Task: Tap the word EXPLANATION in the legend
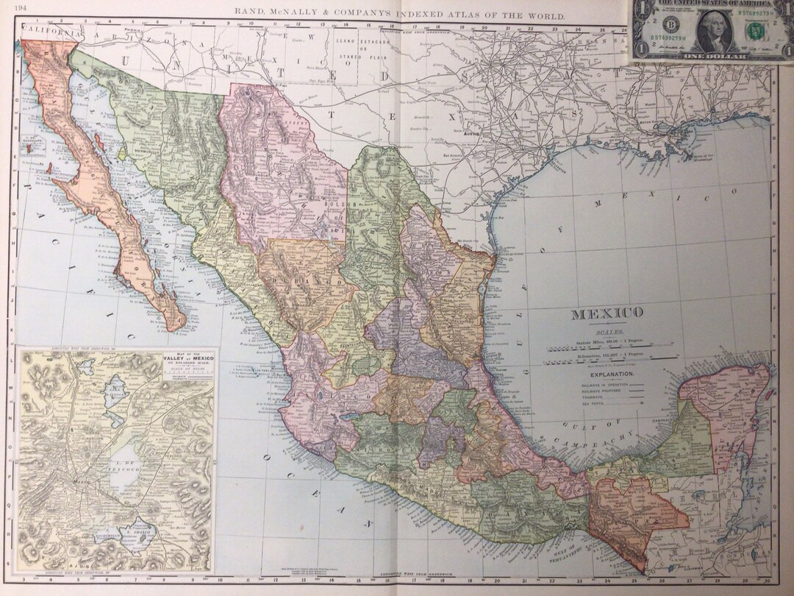tap(607, 375)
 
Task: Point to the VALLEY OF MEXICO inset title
tap(185, 361)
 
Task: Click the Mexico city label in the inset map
tap(79, 480)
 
